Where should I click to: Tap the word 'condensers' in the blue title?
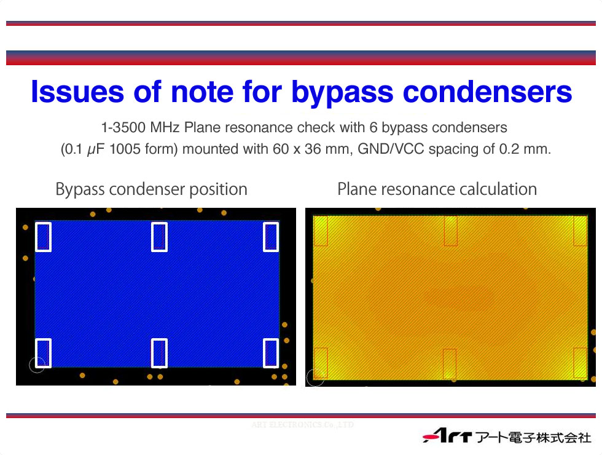point(488,92)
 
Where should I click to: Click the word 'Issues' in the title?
point(77,92)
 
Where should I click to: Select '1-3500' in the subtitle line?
point(123,127)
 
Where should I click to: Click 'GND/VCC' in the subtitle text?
point(391,149)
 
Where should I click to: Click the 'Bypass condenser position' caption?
point(151,189)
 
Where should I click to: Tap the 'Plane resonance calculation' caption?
point(437,189)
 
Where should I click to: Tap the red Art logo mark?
point(447,436)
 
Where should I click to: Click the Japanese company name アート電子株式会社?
point(534,437)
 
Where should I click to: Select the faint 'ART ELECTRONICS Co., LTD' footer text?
point(302,425)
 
